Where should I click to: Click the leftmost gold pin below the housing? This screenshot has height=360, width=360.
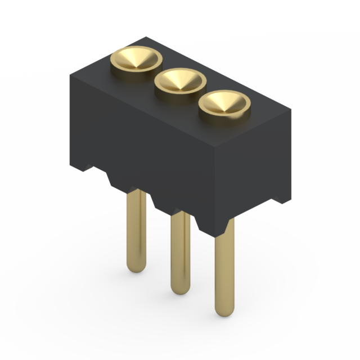coord(136,231)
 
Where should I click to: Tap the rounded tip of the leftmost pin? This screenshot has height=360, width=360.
coord(136,267)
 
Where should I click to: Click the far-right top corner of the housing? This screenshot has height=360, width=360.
coord(292,109)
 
